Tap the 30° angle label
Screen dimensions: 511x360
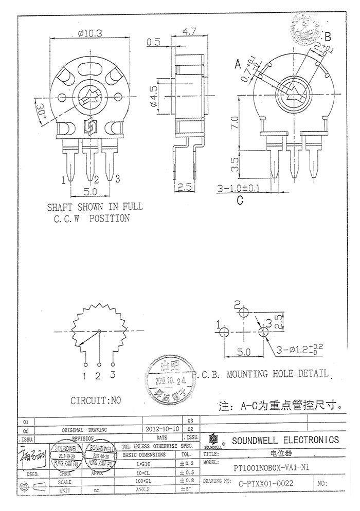(x=41, y=109)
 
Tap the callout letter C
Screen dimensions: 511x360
(x=239, y=200)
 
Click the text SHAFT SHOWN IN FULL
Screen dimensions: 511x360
(x=95, y=207)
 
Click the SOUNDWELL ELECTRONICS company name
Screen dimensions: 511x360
(x=285, y=440)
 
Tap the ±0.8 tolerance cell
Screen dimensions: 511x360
(x=187, y=480)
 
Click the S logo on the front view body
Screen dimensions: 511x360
(x=89, y=125)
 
